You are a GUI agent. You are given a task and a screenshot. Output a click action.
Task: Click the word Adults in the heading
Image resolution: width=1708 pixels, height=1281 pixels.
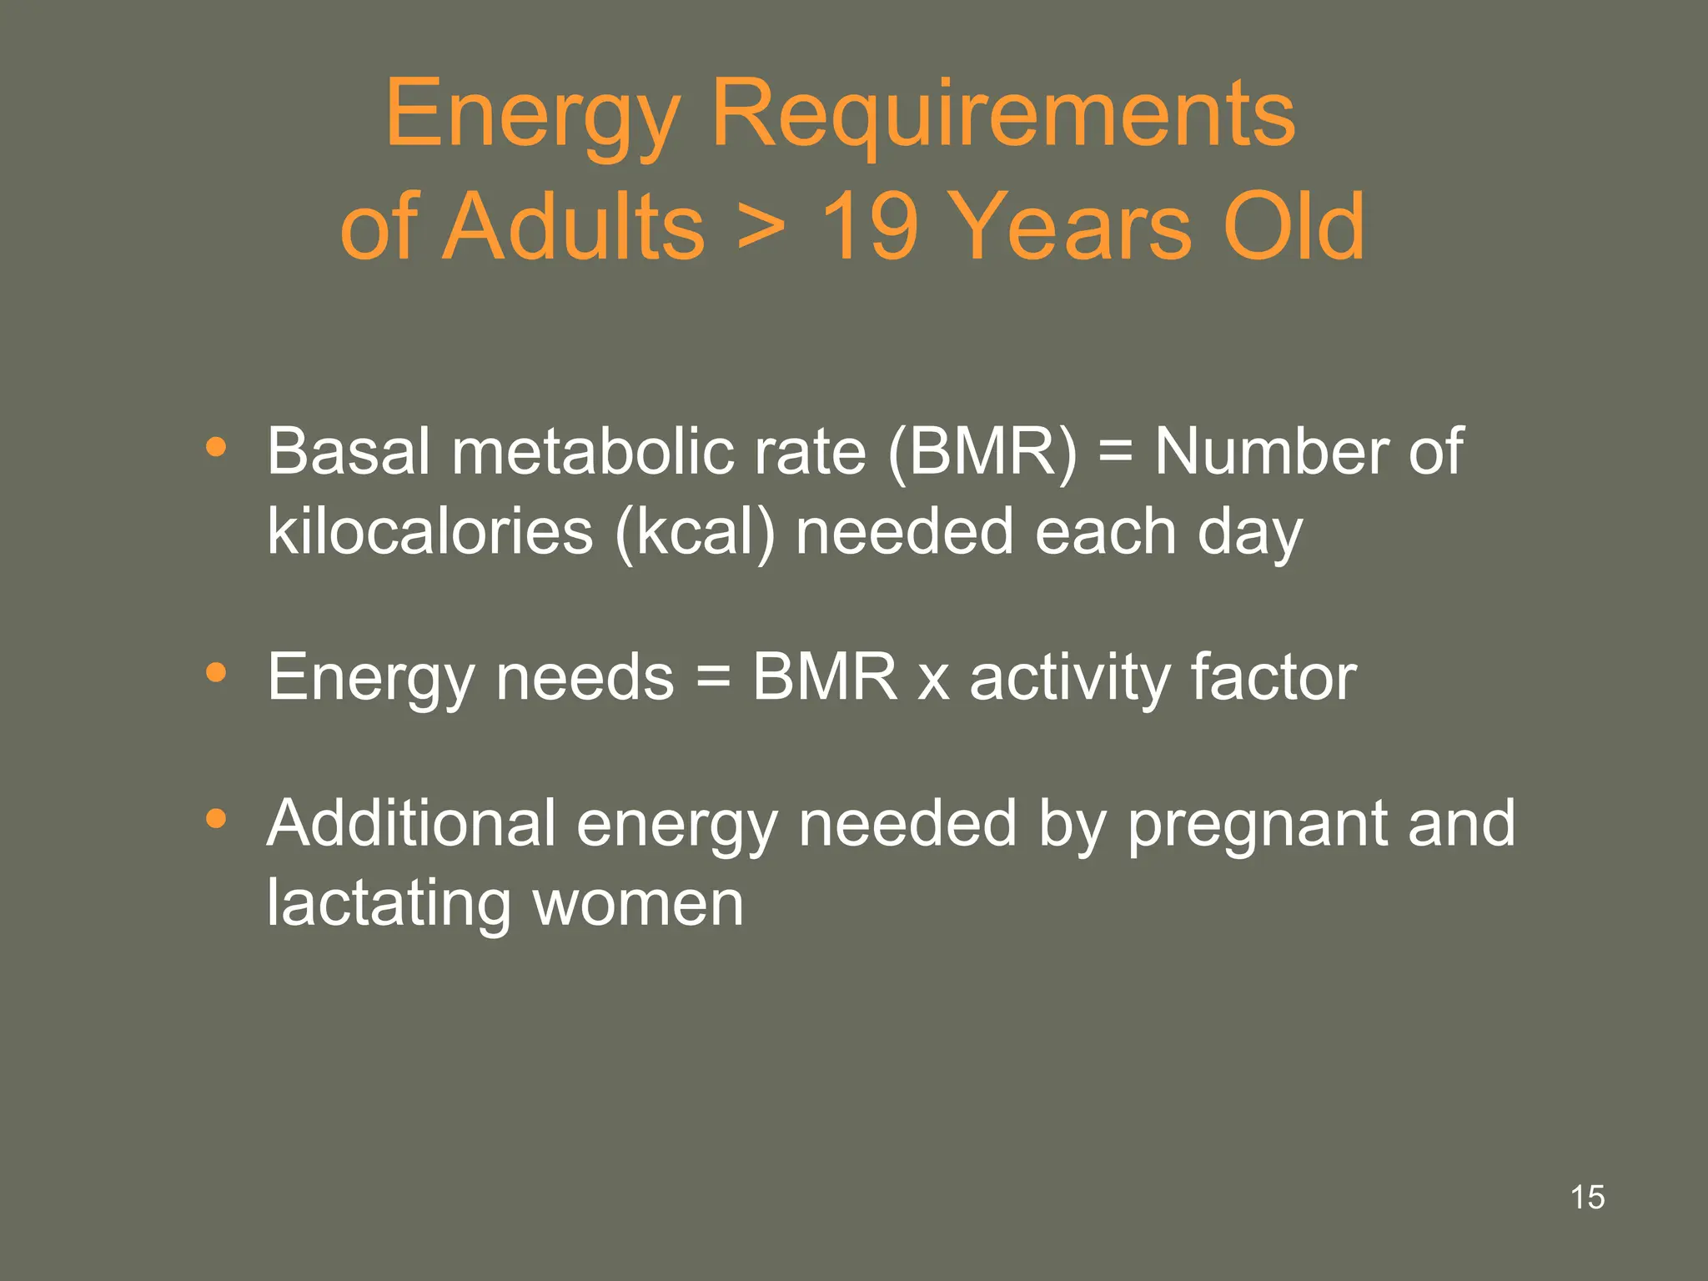click(573, 227)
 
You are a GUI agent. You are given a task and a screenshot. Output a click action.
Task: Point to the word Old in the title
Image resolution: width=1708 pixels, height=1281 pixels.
click(1293, 227)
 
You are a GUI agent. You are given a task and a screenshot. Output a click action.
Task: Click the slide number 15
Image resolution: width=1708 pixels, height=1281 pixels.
click(1587, 1198)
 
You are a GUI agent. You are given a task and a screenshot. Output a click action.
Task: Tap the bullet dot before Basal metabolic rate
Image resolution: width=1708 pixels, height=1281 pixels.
click(216, 448)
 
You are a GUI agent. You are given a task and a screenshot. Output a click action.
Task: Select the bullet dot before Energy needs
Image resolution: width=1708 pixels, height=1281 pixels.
click(216, 672)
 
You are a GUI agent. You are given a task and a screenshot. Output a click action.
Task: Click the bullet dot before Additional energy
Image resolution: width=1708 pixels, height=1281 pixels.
click(216, 819)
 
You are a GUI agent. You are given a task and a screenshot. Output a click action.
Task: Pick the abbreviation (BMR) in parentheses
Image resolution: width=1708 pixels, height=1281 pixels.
click(982, 452)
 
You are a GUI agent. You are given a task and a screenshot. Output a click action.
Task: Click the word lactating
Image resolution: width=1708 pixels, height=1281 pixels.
click(389, 904)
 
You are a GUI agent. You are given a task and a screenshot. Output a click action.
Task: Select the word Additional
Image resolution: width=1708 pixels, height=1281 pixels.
click(411, 824)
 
